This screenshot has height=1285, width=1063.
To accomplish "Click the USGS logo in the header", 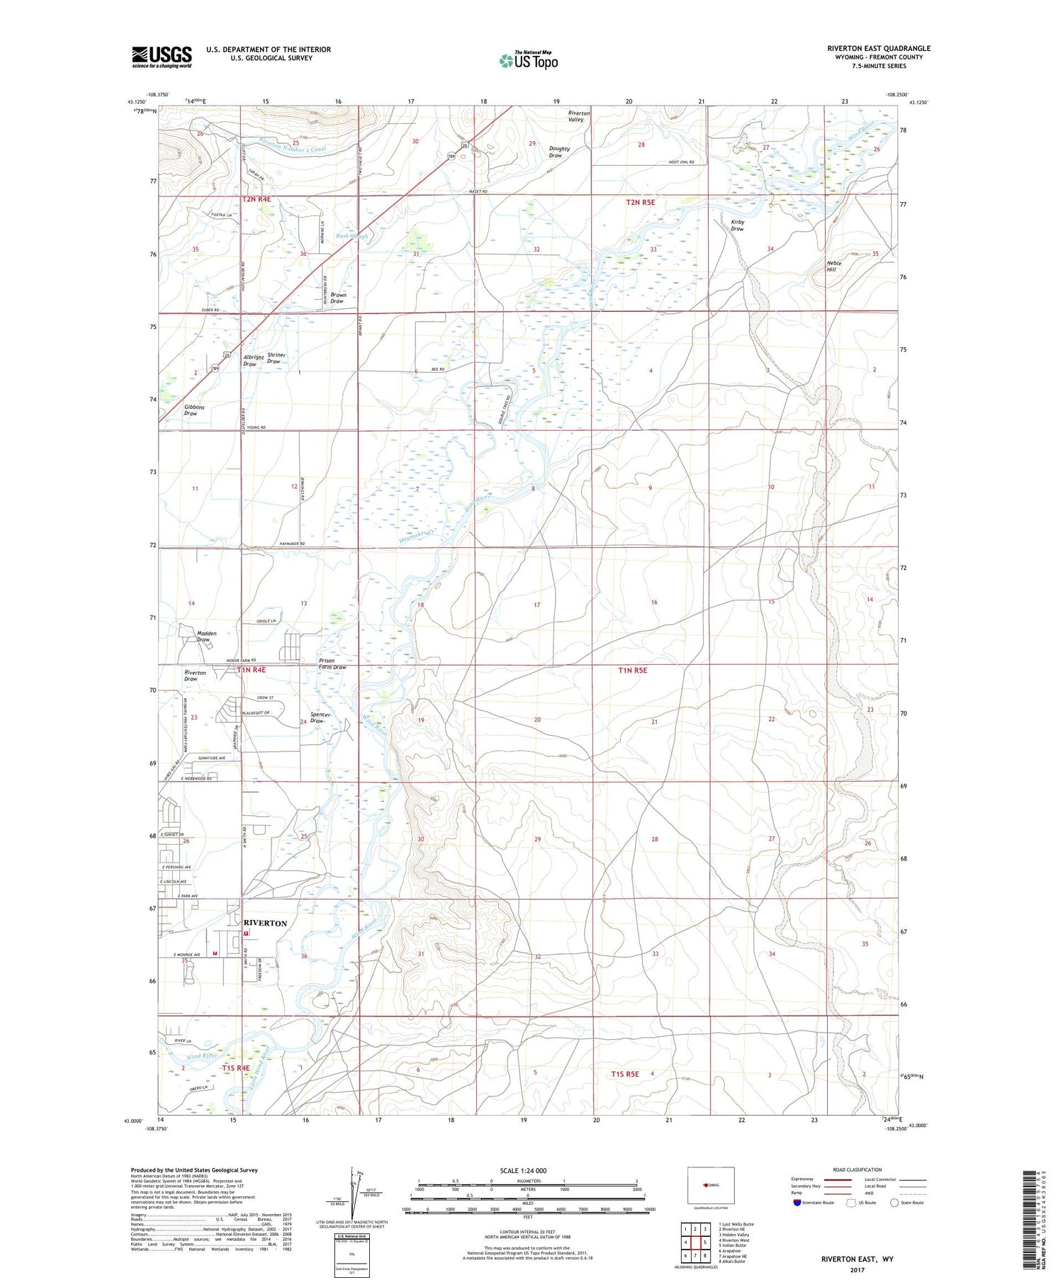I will [x=162, y=57].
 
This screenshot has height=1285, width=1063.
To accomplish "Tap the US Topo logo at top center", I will [x=529, y=60].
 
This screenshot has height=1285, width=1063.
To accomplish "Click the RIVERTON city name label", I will [x=265, y=923].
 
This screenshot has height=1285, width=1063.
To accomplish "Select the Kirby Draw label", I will [x=737, y=225].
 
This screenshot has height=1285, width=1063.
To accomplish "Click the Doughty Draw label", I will [x=559, y=152].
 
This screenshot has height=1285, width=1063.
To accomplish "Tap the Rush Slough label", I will [x=352, y=236].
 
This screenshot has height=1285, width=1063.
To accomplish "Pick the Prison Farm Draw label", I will [x=331, y=664].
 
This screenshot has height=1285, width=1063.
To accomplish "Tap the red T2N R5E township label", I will [x=640, y=203].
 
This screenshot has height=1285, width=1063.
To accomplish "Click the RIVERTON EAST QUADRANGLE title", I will [x=878, y=48].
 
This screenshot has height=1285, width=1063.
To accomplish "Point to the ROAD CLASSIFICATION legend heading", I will [x=858, y=1169].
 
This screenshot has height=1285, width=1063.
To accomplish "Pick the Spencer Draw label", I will [x=321, y=717].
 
